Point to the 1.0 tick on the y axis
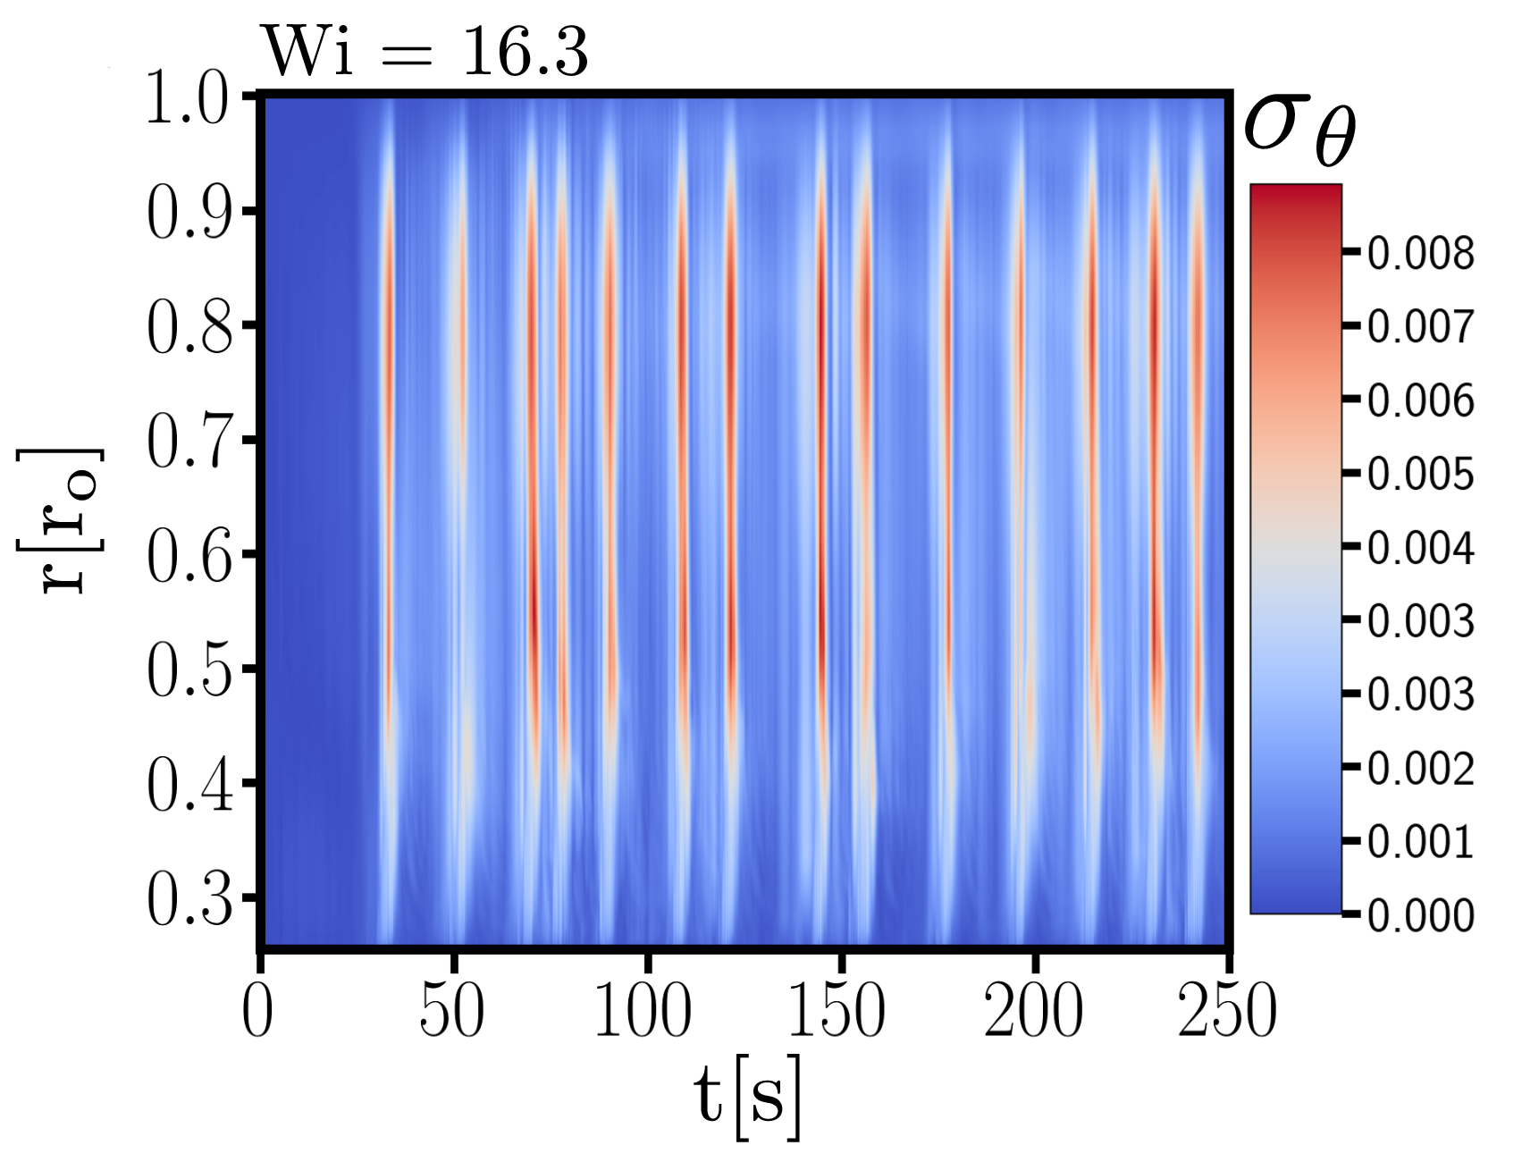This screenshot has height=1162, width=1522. click(x=187, y=97)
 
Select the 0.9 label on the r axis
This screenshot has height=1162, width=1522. click(x=189, y=212)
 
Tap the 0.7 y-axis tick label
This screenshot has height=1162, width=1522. click(x=189, y=441)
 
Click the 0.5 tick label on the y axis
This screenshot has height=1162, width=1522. click(x=189, y=669)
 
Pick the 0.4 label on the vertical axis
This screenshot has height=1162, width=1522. click(x=189, y=784)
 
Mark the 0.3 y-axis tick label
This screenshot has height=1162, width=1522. click(x=189, y=898)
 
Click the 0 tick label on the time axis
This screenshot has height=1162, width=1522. click(x=257, y=1010)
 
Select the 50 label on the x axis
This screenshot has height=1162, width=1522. click(x=452, y=1010)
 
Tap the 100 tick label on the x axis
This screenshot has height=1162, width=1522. click(x=643, y=1010)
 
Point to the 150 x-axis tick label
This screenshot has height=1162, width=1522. click(x=837, y=1010)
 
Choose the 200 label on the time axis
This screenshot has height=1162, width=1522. click(x=1033, y=1010)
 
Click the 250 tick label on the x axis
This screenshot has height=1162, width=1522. click(x=1227, y=1010)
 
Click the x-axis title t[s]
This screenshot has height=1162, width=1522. click(x=748, y=1099)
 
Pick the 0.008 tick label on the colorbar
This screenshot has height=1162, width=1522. click(x=1421, y=254)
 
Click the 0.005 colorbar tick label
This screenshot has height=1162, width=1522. click(x=1421, y=474)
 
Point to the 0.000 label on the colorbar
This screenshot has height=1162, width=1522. click(x=1421, y=915)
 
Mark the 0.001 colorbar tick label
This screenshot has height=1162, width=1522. click(x=1421, y=842)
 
